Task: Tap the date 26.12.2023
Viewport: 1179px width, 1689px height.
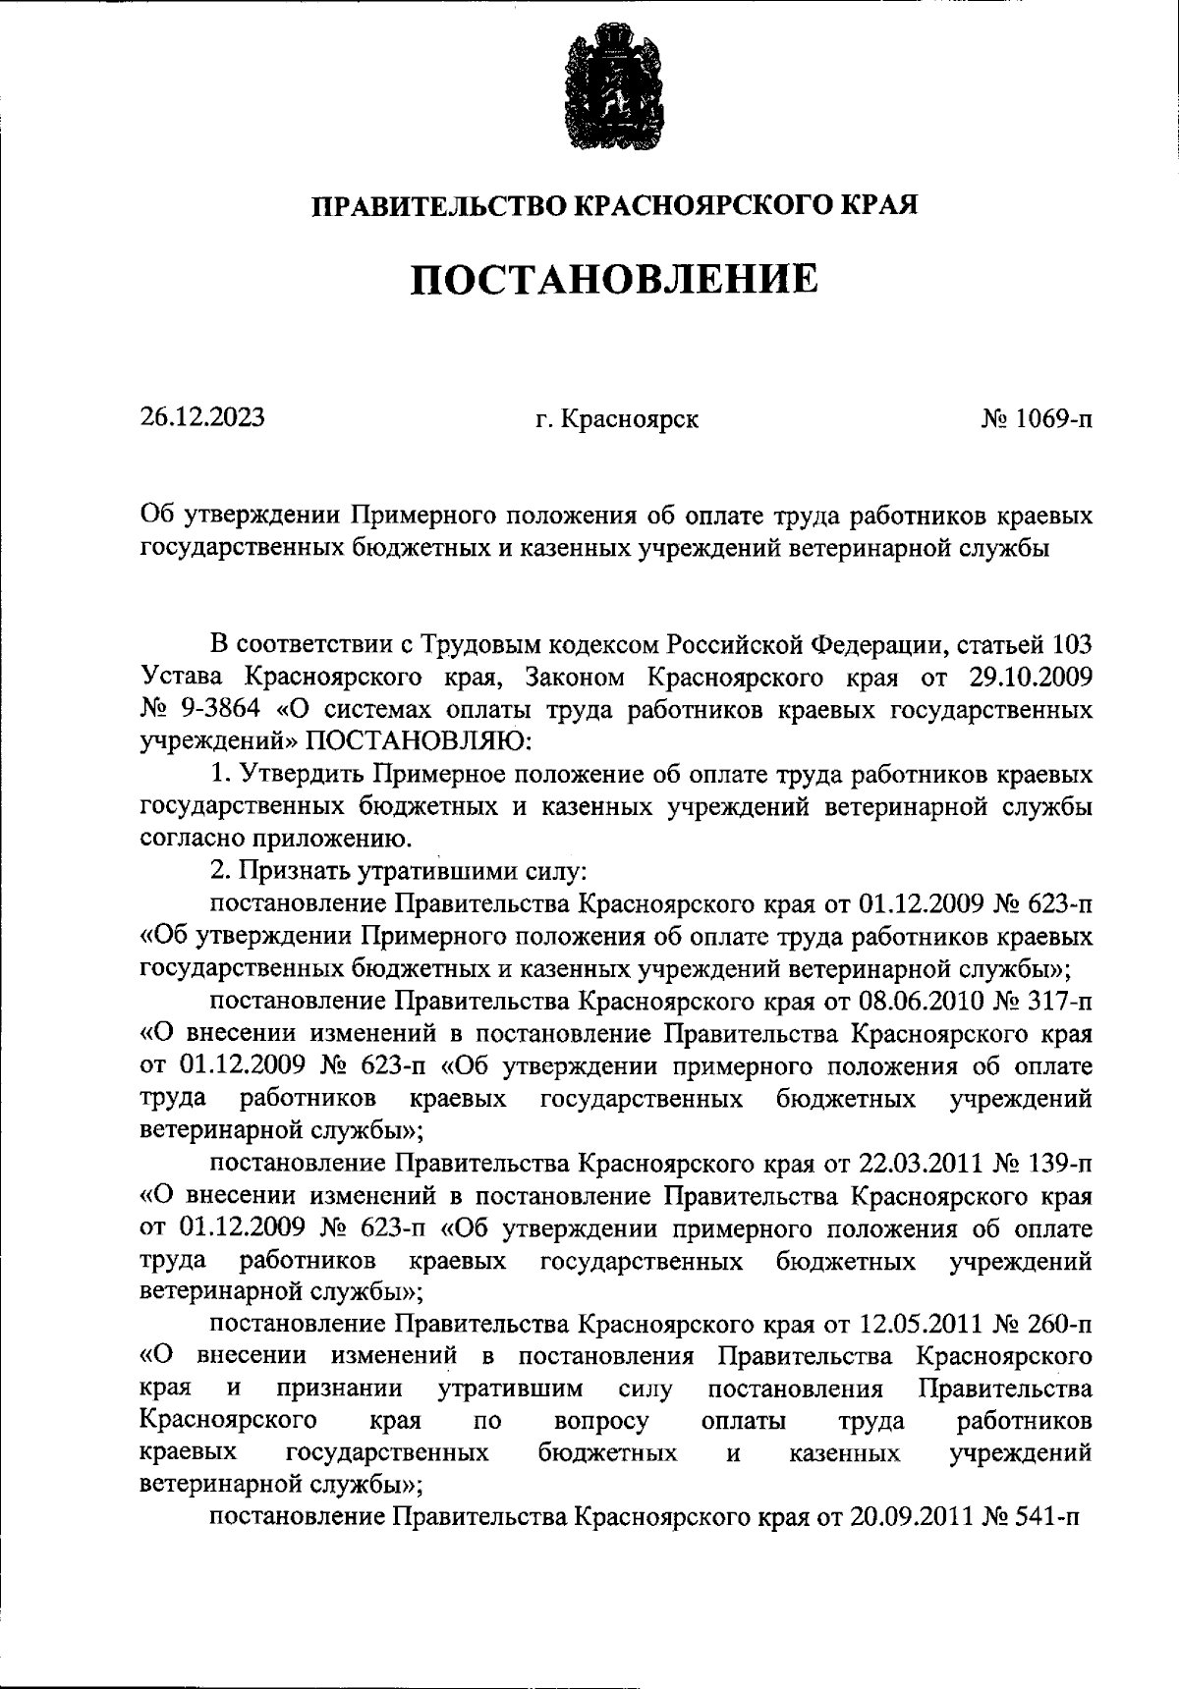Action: [x=201, y=417]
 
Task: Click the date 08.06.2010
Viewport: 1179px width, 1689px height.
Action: [x=920, y=1002]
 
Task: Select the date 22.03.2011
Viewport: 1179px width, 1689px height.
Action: [x=920, y=1164]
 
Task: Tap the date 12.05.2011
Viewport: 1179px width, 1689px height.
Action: [x=920, y=1325]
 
